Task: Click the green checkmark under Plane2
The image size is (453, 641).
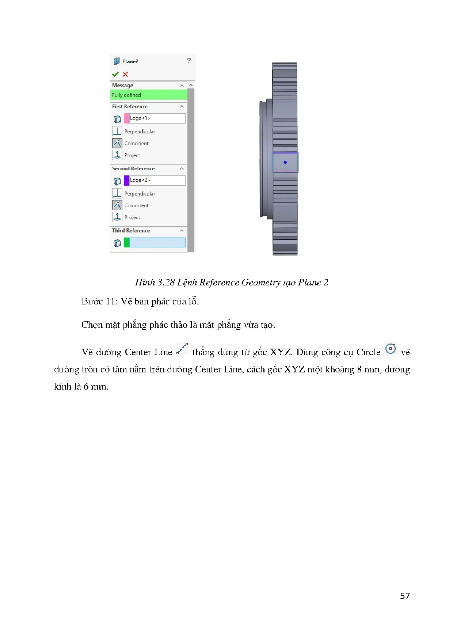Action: (115, 74)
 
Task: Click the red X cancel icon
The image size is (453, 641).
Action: (125, 74)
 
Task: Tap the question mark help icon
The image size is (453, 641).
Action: (189, 61)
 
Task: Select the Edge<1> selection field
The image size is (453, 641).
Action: (157, 118)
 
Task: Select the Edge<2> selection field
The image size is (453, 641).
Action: (157, 180)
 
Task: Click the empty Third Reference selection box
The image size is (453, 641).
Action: (157, 243)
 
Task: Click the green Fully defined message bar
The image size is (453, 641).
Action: (149, 95)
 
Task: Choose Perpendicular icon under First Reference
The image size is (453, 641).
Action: (117, 131)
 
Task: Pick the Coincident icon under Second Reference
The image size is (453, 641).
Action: (117, 205)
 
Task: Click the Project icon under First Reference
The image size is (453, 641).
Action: (117, 155)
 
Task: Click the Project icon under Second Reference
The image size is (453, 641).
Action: (117, 217)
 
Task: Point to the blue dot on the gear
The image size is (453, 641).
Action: (285, 162)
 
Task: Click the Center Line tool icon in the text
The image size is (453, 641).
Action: (182, 349)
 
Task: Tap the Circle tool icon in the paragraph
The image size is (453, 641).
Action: (391, 348)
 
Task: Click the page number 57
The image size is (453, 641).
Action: (405, 596)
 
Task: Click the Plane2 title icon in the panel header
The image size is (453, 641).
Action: (117, 61)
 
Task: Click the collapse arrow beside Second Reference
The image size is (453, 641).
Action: (182, 168)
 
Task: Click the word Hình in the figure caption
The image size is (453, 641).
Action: (145, 282)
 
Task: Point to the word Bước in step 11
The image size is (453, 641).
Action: (92, 301)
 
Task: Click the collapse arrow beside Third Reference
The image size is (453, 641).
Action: (182, 231)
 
